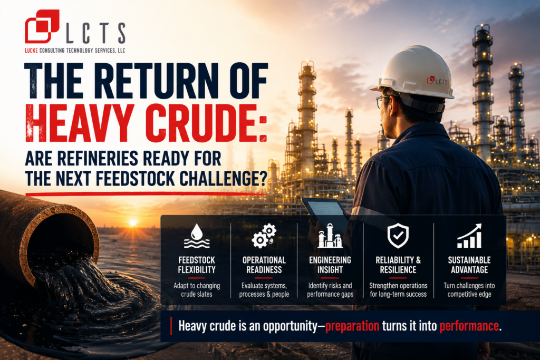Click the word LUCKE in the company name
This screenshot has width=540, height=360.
[31, 51]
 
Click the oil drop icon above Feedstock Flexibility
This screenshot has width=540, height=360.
[197, 236]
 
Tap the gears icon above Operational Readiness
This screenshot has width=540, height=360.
[264, 236]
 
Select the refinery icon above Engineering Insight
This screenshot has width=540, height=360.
[330, 236]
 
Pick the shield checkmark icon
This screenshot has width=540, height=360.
[398, 236]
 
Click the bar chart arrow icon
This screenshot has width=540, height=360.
[469, 236]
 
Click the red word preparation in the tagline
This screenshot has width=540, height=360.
[352, 326]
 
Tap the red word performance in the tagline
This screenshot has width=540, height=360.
[469, 326]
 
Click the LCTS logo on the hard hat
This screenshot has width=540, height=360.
[437, 81]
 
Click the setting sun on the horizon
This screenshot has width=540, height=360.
[133, 223]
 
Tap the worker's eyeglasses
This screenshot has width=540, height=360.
[383, 101]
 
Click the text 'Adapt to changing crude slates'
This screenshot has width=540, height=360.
[197, 290]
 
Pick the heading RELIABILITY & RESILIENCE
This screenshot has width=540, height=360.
[398, 265]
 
